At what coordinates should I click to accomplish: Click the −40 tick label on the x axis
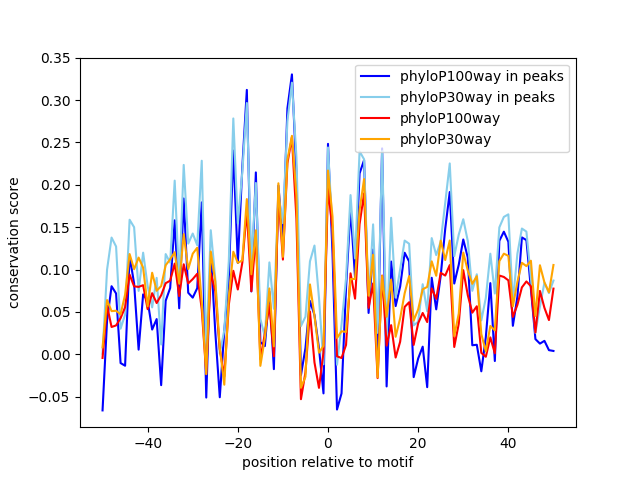147,443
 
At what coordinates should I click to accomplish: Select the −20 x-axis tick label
237,443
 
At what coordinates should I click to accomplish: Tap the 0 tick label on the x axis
328,443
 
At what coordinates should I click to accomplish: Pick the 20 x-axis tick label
418,443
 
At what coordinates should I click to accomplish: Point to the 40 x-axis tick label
508,443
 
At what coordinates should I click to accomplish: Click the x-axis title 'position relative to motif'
327,462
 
